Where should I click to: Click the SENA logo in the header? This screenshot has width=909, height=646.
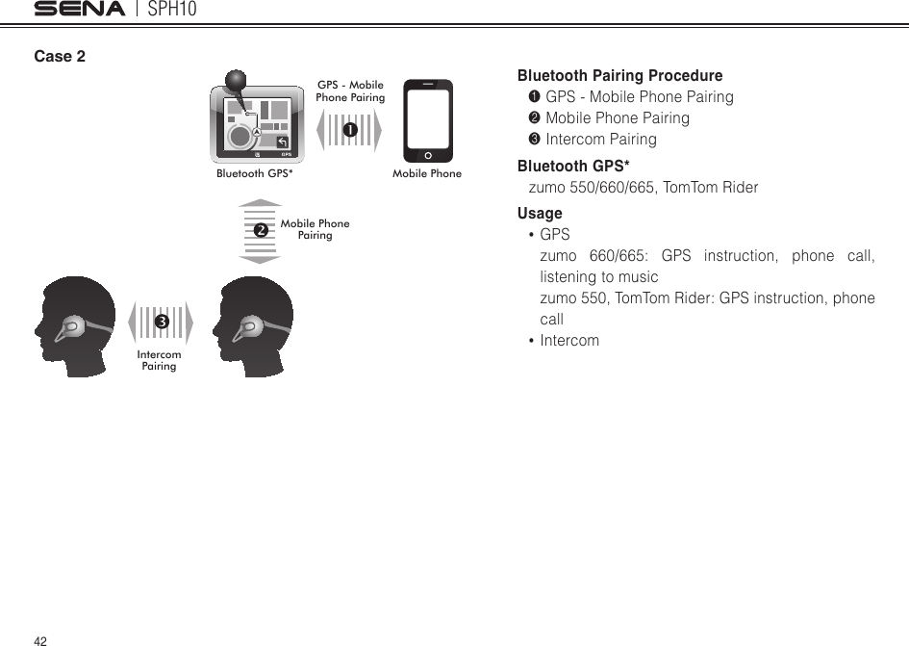point(80,10)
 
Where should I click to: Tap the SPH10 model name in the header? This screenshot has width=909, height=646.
point(174,10)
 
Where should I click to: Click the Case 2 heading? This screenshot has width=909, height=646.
point(60,56)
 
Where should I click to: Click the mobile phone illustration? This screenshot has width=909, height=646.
point(427,120)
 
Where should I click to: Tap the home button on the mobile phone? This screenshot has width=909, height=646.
point(427,155)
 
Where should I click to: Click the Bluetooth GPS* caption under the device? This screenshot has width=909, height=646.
point(255,174)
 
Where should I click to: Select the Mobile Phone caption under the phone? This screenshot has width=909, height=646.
point(427,174)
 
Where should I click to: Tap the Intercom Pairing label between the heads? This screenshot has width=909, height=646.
point(160,361)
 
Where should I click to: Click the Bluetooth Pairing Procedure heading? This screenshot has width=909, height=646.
point(619,75)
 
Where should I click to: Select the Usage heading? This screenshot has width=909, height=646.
point(540,213)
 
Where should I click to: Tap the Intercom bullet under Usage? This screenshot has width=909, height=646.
point(569,340)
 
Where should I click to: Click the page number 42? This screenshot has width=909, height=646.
point(40,640)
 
